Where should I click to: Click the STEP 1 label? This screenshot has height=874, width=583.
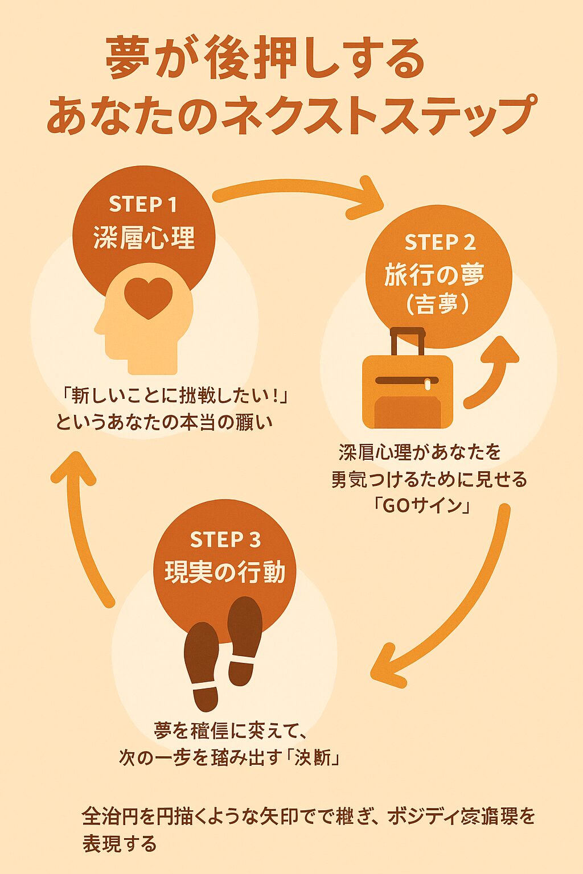coord(143,204)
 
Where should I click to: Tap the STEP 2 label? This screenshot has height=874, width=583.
coord(440,243)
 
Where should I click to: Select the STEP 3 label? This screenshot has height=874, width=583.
coord(225,539)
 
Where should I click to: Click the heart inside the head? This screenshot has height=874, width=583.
coord(148,296)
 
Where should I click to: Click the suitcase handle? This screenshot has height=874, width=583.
coord(407,340)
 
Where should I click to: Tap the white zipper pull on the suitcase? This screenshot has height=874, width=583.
coord(428,385)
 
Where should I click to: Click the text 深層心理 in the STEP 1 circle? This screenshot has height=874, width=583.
coord(143,237)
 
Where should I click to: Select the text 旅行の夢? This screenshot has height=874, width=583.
coord(434,275)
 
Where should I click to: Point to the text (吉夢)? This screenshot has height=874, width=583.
coord(437,305)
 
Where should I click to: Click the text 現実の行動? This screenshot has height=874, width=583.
coord(225,572)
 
